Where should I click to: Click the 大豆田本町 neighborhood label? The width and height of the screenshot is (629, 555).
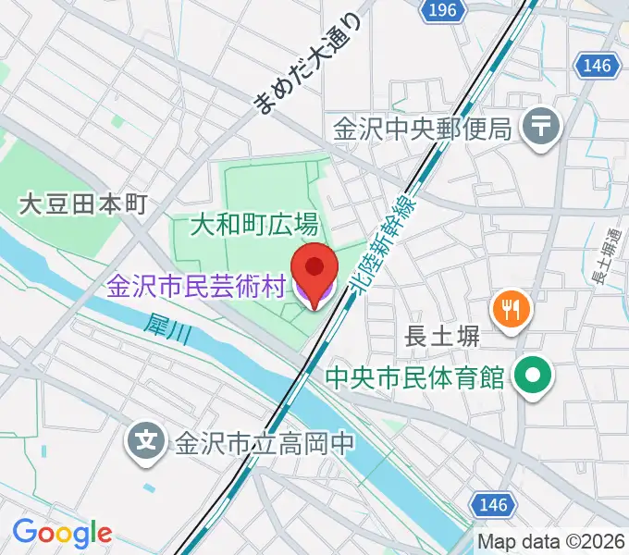coord(83,204)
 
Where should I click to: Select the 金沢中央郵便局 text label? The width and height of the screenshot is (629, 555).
coord(424,128)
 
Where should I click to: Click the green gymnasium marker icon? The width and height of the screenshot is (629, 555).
coord(534,376)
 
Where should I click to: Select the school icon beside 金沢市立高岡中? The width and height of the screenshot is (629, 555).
coord(146,437)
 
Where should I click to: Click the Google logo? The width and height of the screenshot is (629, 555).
coord(62,533)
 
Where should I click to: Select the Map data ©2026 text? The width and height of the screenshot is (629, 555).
coord(552,541)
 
